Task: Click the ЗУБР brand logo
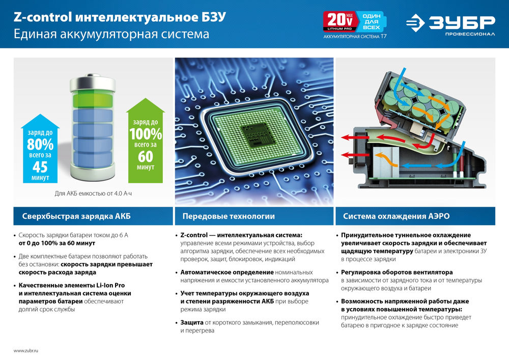tap(450, 23)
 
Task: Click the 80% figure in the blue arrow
tap(40, 145)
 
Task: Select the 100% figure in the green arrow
tap(145, 134)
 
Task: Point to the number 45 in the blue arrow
tap(40, 167)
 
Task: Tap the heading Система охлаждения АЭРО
tap(396, 216)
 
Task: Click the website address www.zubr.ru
tap(26, 350)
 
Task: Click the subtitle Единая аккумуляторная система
tap(111, 35)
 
